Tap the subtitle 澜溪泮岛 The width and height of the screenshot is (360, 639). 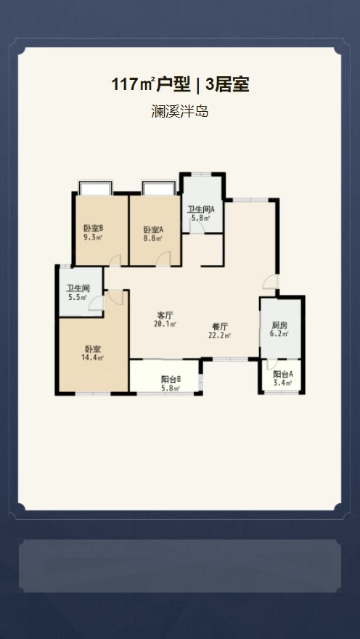click(179, 113)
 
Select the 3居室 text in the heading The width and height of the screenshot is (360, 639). click(228, 85)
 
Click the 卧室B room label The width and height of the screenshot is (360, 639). click(93, 228)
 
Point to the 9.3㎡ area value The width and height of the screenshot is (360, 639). click(93, 237)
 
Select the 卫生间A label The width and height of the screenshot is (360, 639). click(200, 208)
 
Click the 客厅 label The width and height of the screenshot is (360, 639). click(165, 315)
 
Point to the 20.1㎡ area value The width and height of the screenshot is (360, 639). click(165, 325)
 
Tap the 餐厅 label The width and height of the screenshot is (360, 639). click(219, 326)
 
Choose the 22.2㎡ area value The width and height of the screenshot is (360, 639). click(219, 335)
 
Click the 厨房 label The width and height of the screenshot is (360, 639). click(279, 325)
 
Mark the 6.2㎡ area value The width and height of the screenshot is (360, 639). click(279, 334)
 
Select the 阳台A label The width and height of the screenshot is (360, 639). click(283, 374)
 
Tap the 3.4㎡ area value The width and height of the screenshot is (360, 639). click(283, 383)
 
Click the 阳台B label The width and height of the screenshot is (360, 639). click(171, 378)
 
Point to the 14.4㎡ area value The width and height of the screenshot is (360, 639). click(94, 357)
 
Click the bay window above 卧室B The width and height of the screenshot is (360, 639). click(94, 188)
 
